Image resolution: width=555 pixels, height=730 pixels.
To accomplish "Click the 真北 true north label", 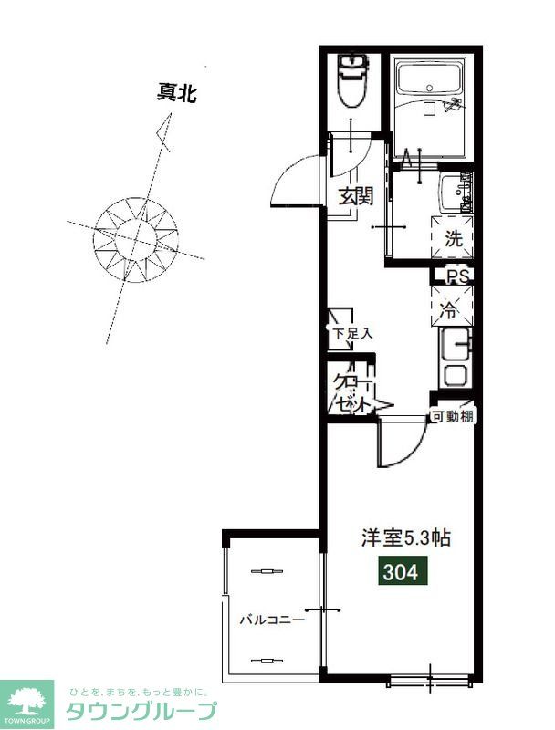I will point(177,92).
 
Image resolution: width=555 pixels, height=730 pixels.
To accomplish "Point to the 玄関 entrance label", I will point(356,195).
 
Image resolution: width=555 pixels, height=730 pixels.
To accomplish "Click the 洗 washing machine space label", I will point(454,239).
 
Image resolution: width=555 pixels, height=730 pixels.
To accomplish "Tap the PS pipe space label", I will point(456,275).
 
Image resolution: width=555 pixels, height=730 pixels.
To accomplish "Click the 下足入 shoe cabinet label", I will point(351,334).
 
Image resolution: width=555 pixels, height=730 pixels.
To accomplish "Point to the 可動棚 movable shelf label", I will point(453,417).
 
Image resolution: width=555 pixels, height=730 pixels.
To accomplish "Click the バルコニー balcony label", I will point(271,620).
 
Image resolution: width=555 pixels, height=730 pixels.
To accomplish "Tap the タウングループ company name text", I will point(141,711).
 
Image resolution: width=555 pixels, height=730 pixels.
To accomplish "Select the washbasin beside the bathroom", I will point(455,193).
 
